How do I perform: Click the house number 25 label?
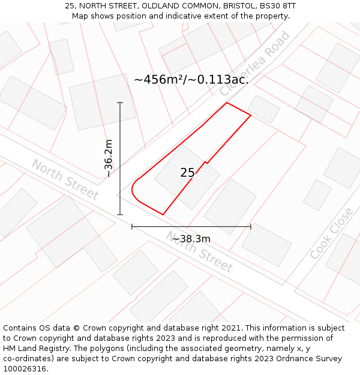(187, 173)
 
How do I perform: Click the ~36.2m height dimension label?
(108, 158)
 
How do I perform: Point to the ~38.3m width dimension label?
(191, 239)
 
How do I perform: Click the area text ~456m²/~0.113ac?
(191, 79)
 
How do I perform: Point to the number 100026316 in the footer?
(26, 369)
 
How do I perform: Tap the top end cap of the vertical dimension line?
(120, 103)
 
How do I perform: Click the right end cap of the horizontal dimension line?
(251, 227)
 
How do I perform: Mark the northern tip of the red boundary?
(227, 103)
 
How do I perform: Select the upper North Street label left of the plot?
(65, 179)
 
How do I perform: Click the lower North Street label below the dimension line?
(199, 252)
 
